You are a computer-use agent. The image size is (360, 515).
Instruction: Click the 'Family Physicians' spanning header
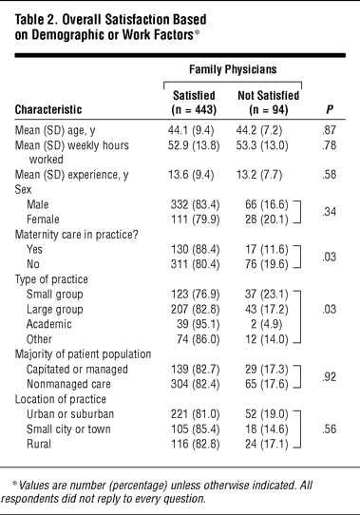(x=233, y=69)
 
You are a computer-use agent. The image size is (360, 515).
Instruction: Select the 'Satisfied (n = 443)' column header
(x=194, y=103)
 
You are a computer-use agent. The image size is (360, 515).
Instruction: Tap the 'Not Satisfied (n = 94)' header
(x=269, y=103)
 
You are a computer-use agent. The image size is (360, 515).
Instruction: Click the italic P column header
(x=330, y=109)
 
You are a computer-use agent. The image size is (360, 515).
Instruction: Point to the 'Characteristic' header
(x=48, y=109)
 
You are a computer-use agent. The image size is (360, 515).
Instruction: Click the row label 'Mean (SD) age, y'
(x=55, y=131)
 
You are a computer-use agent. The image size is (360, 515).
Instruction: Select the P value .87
(x=329, y=130)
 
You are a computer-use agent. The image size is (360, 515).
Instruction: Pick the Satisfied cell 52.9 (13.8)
(x=194, y=145)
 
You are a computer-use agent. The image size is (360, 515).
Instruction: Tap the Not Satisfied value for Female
(x=266, y=219)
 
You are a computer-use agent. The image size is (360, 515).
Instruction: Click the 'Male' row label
(x=38, y=204)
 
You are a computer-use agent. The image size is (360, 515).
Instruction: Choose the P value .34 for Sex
(x=329, y=212)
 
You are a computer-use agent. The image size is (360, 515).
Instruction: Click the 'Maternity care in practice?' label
(x=77, y=235)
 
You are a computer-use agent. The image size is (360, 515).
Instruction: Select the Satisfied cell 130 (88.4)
(x=195, y=249)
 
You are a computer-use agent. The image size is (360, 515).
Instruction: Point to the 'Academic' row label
(x=49, y=324)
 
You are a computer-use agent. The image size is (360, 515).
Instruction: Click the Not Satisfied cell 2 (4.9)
(x=266, y=324)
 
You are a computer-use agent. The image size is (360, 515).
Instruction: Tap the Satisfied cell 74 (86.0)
(x=199, y=339)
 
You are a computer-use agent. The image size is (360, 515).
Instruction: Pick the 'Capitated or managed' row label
(x=77, y=370)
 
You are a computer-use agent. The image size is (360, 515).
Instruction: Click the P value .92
(x=329, y=376)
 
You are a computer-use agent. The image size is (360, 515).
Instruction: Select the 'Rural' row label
(x=39, y=444)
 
